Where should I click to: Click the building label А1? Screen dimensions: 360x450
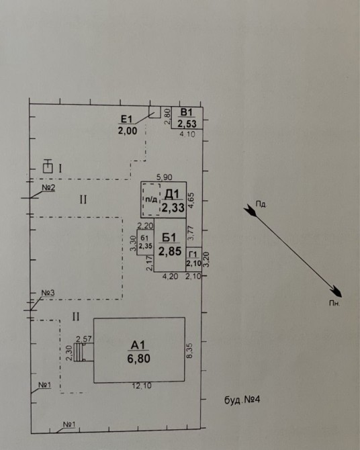pos(138,345)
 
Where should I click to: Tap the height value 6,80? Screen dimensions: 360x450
pos(138,359)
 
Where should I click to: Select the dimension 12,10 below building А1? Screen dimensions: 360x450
pos(142,386)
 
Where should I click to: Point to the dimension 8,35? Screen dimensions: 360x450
pos(190,351)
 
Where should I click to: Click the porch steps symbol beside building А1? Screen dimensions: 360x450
pos(78,352)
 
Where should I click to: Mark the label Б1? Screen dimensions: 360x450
pos(169,238)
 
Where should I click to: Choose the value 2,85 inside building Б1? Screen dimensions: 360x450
pos(170,251)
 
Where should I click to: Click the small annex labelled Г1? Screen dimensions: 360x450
pos(194,259)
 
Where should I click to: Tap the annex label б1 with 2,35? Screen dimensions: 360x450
pos(145,242)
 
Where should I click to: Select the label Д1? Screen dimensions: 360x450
pos(172,194)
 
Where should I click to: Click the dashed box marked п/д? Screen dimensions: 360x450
pos(151,199)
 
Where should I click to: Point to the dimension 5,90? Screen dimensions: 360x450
pos(165,177)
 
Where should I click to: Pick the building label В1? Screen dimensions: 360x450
pos(187,112)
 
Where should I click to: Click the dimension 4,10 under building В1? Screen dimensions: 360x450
pos(187,134)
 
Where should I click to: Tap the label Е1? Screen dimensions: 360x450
pos(126,119)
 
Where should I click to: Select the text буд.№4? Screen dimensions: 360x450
pos(242,400)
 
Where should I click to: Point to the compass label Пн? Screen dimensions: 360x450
pos(334,303)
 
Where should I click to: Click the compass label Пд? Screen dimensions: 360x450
pos(261,204)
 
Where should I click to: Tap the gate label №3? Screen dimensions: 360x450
pos(48,293)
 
